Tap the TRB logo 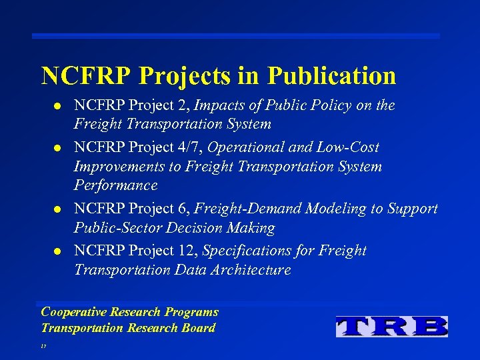coord(392,326)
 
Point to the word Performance coord(115,185)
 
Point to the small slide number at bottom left coord(43,347)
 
